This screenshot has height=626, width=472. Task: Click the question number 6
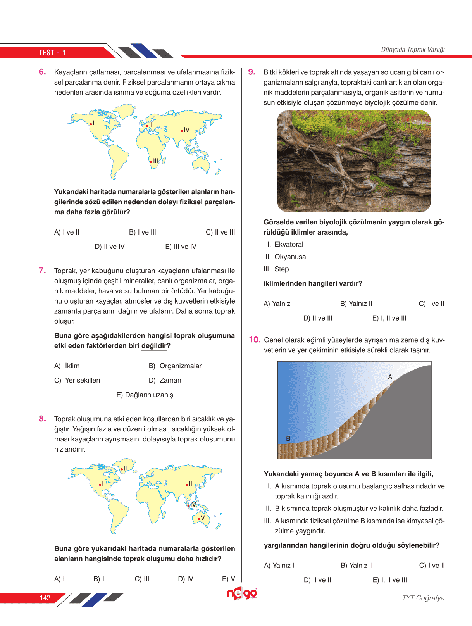[x=42, y=72]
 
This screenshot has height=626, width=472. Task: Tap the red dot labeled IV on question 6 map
[x=182, y=131]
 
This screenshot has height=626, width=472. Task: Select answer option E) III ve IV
[x=181, y=247]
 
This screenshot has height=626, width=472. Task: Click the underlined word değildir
[x=154, y=346]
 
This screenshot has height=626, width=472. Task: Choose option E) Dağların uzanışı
[x=146, y=395]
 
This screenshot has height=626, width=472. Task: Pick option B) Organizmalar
[x=175, y=366]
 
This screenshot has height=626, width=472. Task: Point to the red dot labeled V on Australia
[x=199, y=519]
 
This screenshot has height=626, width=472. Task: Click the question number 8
[x=42, y=419]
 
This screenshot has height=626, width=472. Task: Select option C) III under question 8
[x=142, y=579]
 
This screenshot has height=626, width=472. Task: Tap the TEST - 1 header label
[x=52, y=53]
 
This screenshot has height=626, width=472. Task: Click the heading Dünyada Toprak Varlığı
[x=413, y=50]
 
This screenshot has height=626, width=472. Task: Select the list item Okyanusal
[x=291, y=257]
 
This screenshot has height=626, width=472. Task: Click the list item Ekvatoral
[x=289, y=245]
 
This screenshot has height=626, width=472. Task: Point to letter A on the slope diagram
[x=390, y=377]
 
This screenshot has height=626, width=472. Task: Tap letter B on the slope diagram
[x=288, y=438]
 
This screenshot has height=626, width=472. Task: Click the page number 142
[x=45, y=598]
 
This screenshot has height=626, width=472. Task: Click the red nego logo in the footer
[x=242, y=593]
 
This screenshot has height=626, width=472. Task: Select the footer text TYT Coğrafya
[x=423, y=598]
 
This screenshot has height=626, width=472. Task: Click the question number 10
[x=254, y=340]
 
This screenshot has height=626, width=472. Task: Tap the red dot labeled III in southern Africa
[x=151, y=162]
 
